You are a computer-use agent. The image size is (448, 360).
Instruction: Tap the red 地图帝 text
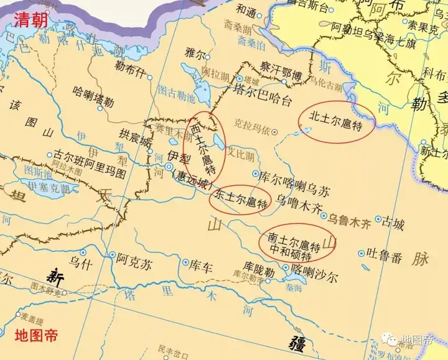[x=35, y=336]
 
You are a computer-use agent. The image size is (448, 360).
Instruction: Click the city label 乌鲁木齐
[x=349, y=220]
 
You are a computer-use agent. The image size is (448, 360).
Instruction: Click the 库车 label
[x=201, y=268]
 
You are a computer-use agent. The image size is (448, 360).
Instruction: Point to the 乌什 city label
[x=82, y=264]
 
